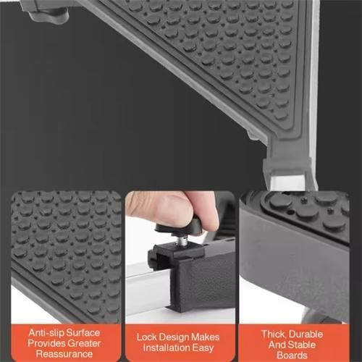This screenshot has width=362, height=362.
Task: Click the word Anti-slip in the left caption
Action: click(43, 331)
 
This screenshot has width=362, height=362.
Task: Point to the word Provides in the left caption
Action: click(45, 342)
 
